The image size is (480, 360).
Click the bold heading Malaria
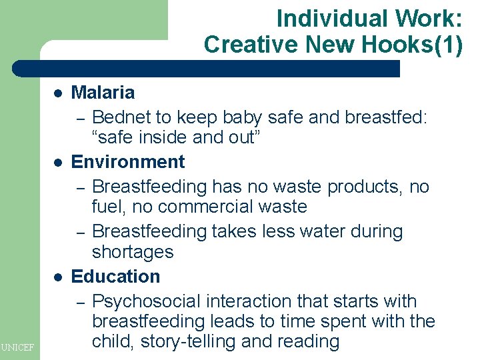tap(103, 93)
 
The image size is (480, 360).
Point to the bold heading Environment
tap(128, 162)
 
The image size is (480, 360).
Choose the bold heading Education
tap(115, 277)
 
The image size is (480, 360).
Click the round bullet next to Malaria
tap(58, 93)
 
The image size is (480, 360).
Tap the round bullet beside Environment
tap(58, 163)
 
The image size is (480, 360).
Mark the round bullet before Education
tap(58, 277)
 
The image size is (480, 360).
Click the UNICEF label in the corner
tap(19, 346)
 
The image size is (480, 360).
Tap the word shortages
tap(133, 252)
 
